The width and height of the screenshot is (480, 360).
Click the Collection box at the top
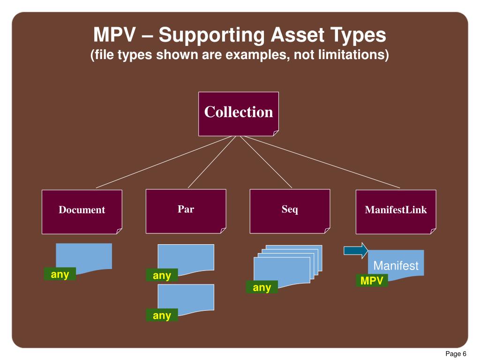(238, 113)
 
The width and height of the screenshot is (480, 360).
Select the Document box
(82, 211)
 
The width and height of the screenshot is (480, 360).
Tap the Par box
(186, 210)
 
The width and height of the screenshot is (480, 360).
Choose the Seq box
(290, 210)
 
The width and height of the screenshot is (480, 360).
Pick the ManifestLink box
(396, 211)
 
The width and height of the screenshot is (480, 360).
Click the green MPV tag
(371, 281)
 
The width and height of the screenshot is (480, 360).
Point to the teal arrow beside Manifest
(355, 250)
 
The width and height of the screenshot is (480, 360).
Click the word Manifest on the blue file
(396, 266)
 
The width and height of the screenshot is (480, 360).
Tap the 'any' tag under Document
(60, 274)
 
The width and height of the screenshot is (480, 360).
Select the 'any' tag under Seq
(262, 287)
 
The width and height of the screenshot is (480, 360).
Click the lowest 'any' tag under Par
(162, 315)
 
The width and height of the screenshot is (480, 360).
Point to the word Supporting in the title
(211, 35)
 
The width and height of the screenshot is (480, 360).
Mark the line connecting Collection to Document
(164, 162)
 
